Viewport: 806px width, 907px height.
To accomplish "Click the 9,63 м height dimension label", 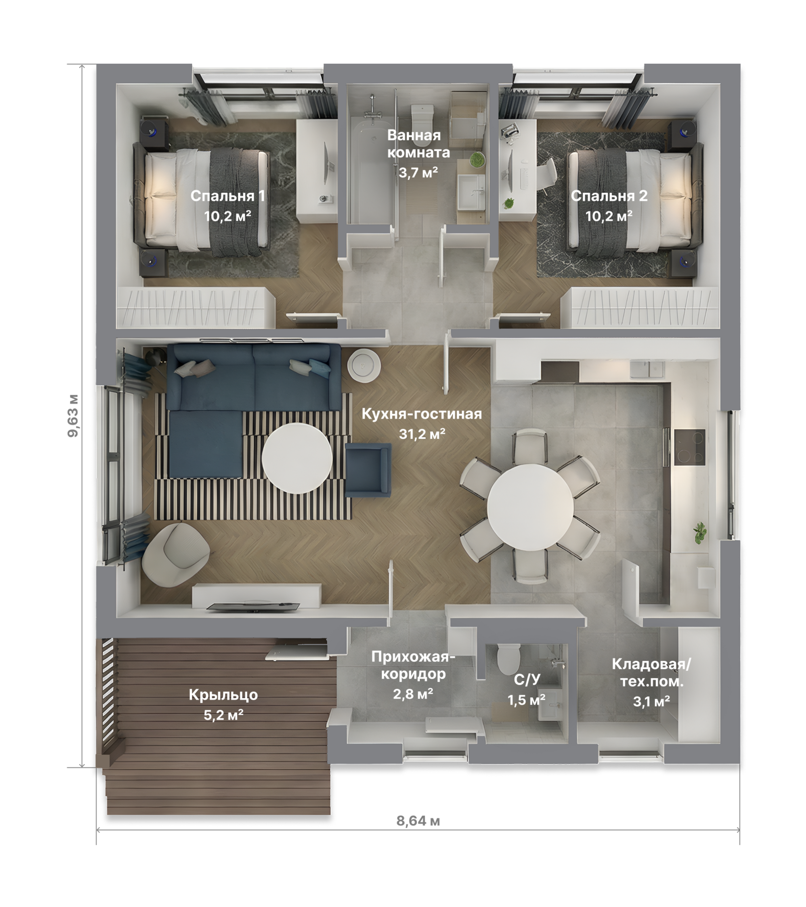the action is pos(73,416).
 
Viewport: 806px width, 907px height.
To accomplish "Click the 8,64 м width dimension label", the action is pos(418,821).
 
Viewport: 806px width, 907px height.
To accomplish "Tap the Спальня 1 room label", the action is pos(227,196).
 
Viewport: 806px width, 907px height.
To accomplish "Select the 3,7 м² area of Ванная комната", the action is pos(418,172).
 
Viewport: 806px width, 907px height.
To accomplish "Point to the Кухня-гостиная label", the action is pos(422,413).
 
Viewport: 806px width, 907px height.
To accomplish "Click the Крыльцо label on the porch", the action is pos(223,695).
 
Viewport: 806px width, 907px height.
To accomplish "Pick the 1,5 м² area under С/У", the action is pos(526,700).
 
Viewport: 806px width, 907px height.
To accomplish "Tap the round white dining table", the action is pos(530,507).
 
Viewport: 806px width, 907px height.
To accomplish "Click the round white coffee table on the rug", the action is pos(297,458).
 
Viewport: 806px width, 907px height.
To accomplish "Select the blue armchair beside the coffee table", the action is pos(368,470).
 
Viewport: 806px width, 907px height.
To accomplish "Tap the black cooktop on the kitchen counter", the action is pos(689,447).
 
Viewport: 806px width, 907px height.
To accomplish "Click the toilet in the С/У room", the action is pos(509,660).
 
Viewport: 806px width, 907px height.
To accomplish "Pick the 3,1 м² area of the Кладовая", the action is pos(651,701).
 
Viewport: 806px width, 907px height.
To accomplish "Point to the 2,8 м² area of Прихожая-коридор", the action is pos(413,694).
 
